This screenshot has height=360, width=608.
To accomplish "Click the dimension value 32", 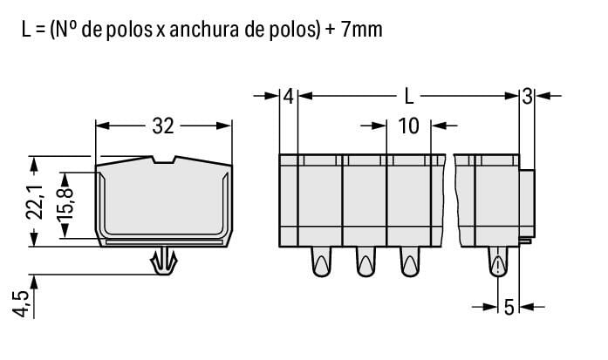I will coord(163,126).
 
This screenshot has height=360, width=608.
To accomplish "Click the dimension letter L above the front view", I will coord(408,95).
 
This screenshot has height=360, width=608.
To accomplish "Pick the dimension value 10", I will coord(408,126).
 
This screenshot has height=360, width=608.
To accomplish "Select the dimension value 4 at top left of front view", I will coord(289,95).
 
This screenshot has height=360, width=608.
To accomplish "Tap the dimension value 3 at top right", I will coord(527,95).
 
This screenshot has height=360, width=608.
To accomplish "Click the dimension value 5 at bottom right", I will coord(509,306).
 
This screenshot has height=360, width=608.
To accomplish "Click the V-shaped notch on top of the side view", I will coord(163,160).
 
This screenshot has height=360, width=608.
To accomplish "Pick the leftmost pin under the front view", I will coord(320,262).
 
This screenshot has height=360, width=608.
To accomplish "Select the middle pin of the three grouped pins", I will coord(364,262).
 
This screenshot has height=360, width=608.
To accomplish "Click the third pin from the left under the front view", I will coord(408,262).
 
